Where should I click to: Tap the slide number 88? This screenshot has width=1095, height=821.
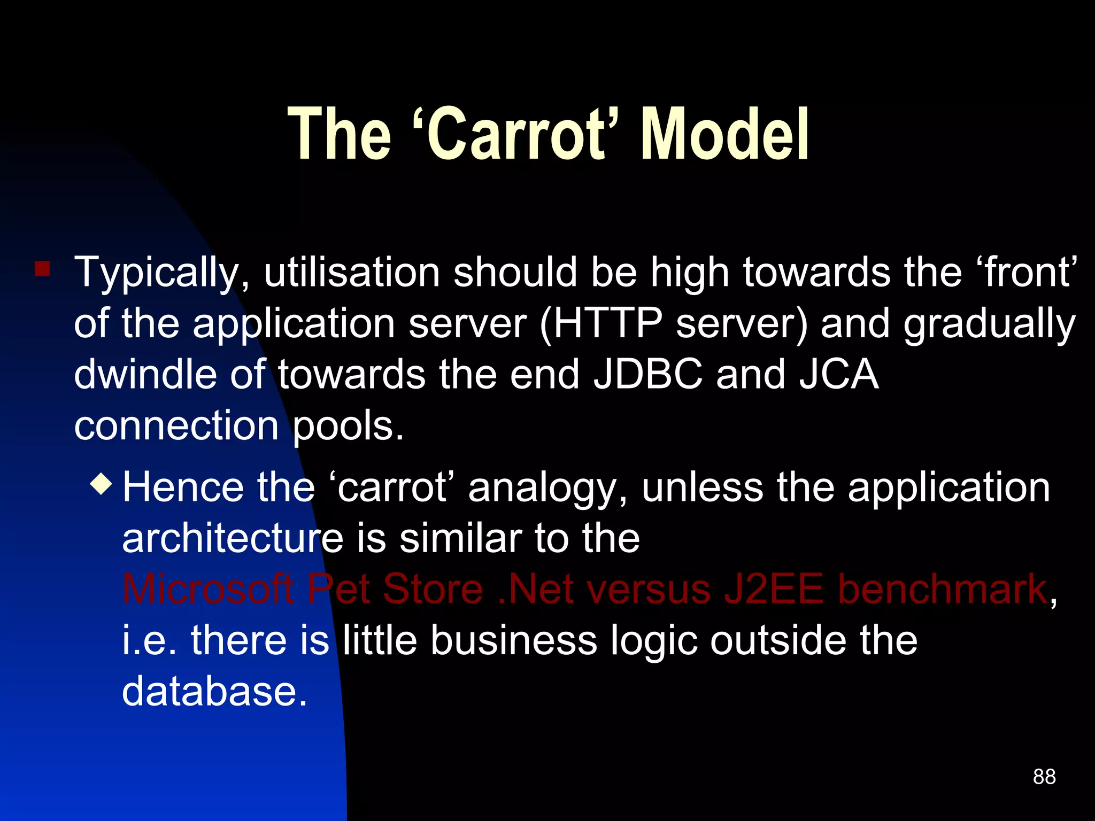point(1044,777)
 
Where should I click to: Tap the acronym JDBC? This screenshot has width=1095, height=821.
point(648,374)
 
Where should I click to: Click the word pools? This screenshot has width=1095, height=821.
point(348,427)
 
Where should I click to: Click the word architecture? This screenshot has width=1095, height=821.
point(233,539)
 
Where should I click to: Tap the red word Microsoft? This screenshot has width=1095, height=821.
point(209,589)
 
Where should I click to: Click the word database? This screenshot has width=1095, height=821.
point(215,691)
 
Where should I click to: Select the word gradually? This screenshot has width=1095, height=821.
point(989,325)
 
